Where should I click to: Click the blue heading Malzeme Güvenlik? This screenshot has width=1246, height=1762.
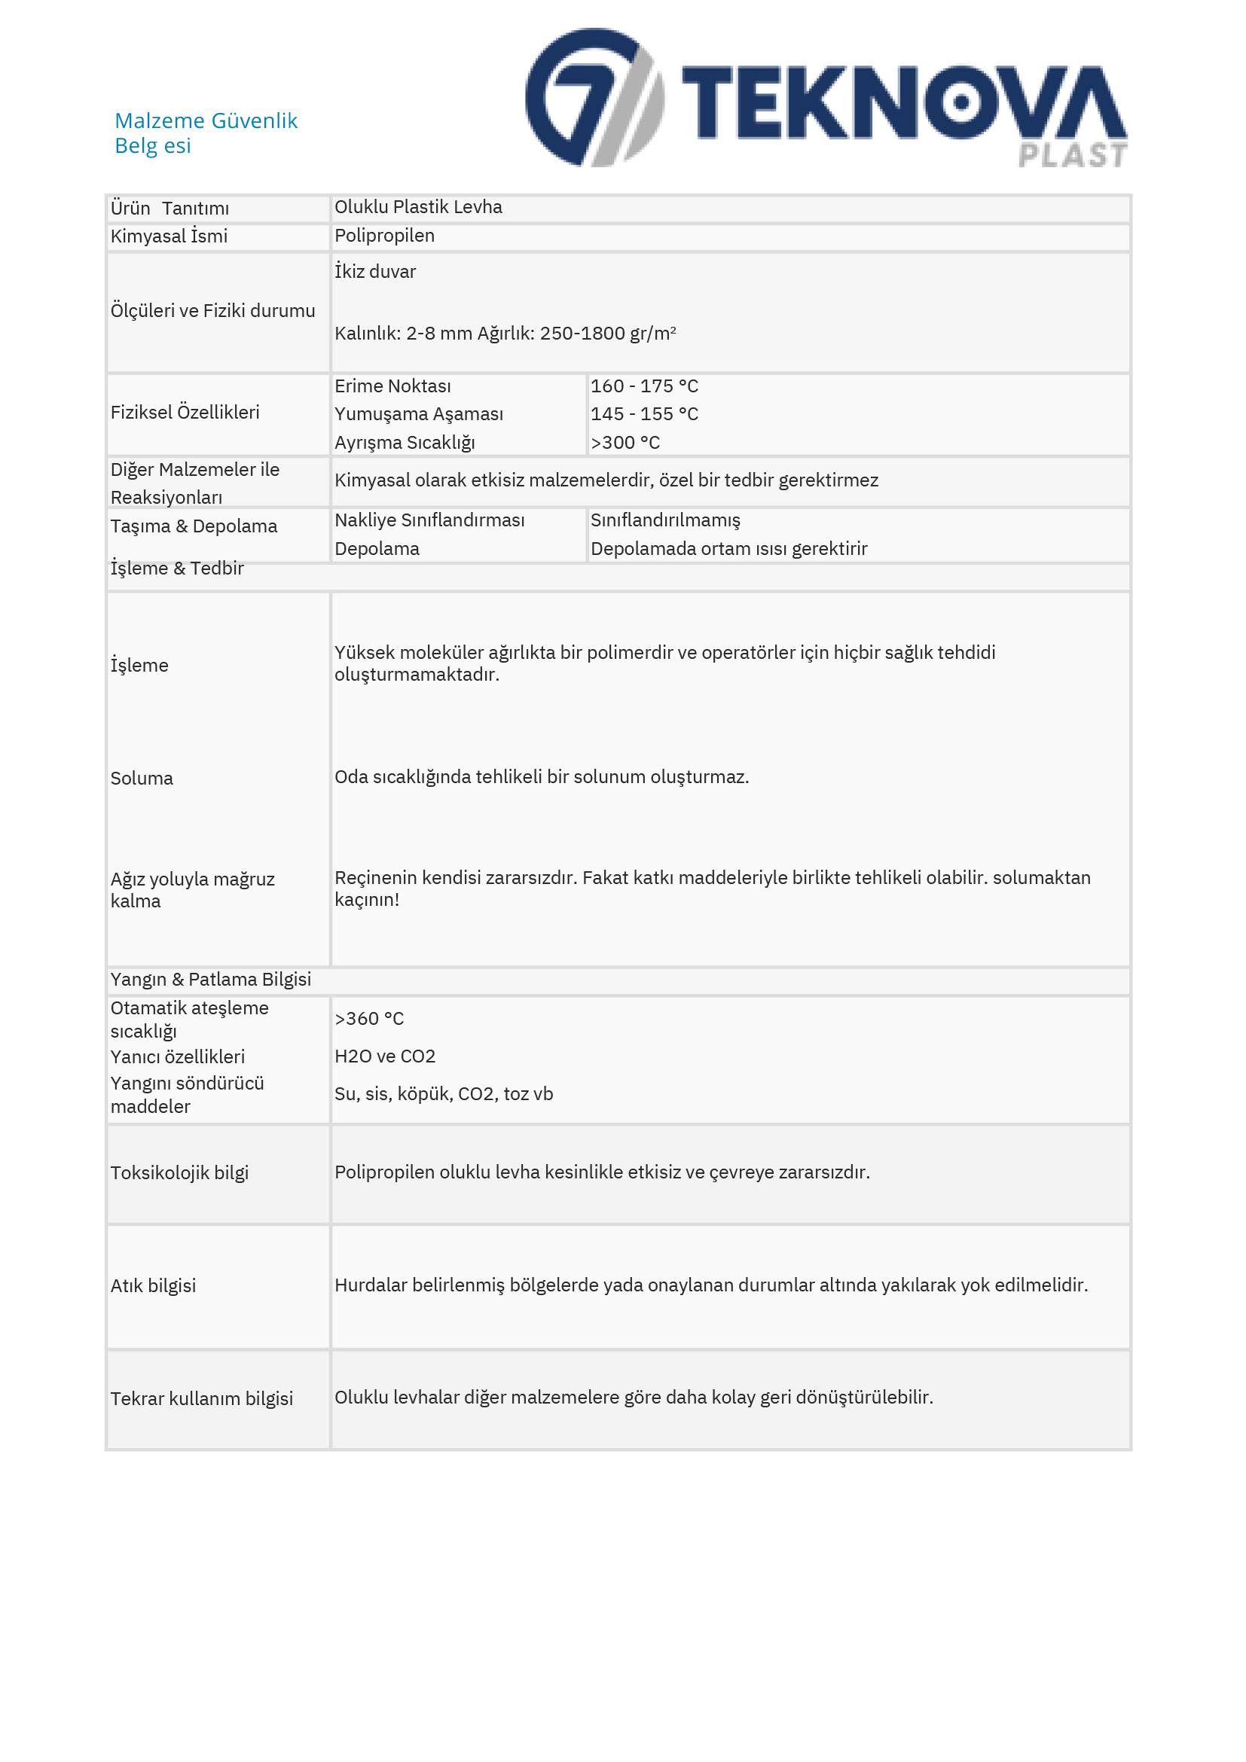pos(206,120)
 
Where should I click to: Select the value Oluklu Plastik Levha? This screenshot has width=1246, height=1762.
pos(417,207)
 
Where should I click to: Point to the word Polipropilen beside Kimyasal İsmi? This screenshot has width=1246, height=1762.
pos(384,236)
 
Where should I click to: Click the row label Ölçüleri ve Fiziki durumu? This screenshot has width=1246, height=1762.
pos(212,311)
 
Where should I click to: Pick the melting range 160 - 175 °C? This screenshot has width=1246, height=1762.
pos(643,386)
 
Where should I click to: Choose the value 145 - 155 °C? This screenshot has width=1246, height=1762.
pos(643,414)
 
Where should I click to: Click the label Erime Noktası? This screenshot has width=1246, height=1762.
pos(392,386)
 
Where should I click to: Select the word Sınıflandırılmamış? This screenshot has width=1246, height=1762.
pos(665,520)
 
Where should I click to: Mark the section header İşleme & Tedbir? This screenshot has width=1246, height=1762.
pos(176,569)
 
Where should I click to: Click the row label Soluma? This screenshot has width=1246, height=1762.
pos(142,778)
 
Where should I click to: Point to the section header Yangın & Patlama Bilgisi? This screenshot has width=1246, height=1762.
pos(210,979)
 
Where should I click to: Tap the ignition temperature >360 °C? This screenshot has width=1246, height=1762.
pos(368,1018)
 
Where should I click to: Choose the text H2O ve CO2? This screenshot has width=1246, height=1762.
pos(385,1056)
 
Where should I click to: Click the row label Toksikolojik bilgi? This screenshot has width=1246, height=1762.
pos(179,1172)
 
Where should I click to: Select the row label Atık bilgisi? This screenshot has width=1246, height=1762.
pos(154,1285)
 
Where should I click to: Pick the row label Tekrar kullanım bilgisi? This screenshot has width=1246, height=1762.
pos(201,1398)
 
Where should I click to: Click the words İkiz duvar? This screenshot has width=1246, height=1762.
pos(374,272)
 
